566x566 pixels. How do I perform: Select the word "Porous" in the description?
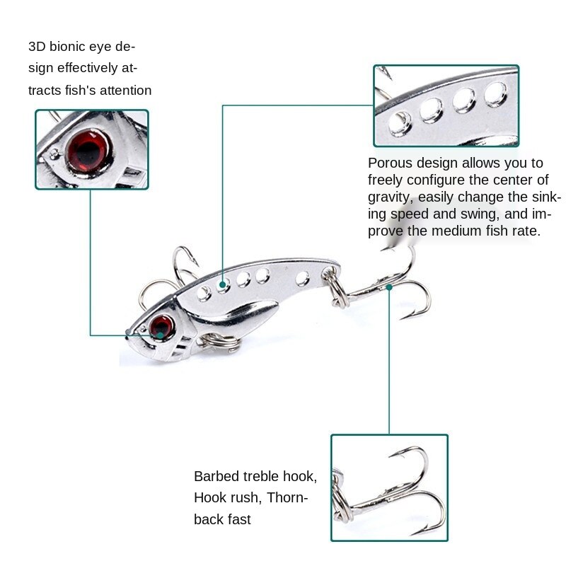tap(391, 163)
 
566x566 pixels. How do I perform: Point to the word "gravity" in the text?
tap(390, 197)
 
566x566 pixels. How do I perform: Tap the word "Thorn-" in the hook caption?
tap(288, 497)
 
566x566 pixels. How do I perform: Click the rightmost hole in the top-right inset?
tap(495, 90)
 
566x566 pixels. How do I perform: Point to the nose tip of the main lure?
tap(128, 333)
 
